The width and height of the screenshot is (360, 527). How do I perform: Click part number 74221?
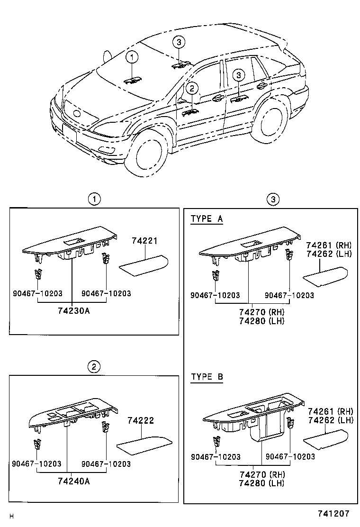tap(144, 241)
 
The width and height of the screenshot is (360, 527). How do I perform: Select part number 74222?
tap(140, 420)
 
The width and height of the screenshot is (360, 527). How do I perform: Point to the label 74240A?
tap(73, 482)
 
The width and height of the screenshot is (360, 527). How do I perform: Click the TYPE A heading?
tap(207, 219)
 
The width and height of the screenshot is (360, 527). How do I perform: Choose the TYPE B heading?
tap(207, 377)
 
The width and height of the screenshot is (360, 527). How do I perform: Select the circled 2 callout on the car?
tap(191, 88)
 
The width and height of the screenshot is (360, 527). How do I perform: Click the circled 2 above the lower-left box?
tap(94, 366)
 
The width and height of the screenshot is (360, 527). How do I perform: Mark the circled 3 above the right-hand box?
tap(271, 199)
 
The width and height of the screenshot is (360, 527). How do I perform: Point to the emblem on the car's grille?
tap(76, 114)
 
